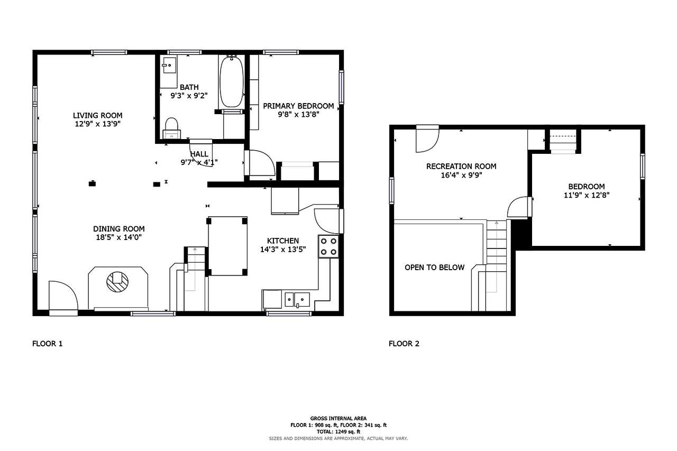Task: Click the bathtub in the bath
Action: point(232,81)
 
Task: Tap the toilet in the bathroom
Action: point(172,128)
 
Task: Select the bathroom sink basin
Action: point(169,65)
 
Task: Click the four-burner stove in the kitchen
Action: point(328,246)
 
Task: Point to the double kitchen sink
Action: point(297,300)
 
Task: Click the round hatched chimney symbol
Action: point(117,282)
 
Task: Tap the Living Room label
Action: point(98,115)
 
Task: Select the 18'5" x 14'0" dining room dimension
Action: point(119,237)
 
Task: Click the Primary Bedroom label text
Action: point(298,106)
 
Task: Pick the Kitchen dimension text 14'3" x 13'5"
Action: point(283,249)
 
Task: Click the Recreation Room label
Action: point(461,167)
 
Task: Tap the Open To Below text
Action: point(434,268)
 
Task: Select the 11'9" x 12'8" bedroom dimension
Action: point(587,195)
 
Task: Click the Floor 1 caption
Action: point(48,344)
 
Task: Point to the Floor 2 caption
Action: point(404,344)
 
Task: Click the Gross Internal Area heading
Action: point(338,418)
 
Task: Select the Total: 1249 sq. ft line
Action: point(338,431)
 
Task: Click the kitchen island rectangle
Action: point(227,246)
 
